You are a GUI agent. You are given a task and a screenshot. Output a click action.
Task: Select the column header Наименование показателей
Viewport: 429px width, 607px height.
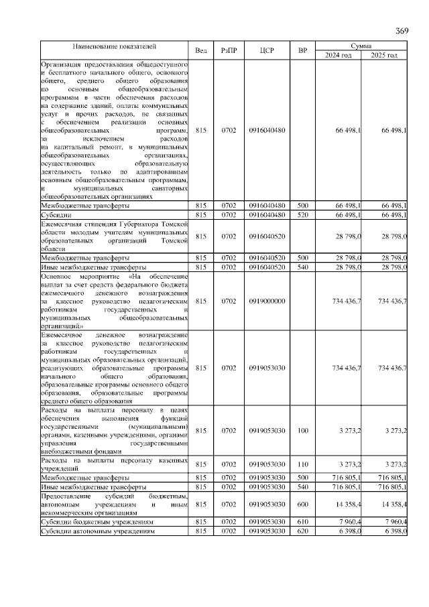[x=115, y=47]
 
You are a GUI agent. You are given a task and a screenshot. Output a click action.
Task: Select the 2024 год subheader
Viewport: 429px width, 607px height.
[x=339, y=55]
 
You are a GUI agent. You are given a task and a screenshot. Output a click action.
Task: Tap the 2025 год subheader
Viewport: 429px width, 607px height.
[x=385, y=55]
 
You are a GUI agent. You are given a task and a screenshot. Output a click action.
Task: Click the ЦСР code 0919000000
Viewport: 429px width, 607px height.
[x=267, y=301]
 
